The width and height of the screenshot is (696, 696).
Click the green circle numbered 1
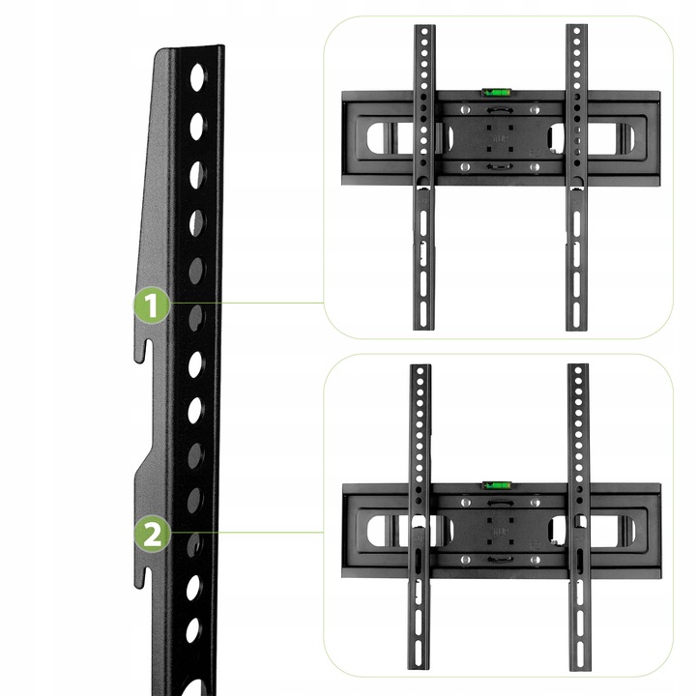coord(152,304)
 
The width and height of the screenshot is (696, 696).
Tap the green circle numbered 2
coord(153,534)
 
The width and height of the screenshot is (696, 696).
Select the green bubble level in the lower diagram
coord(497,484)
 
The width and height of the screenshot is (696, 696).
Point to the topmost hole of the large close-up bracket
coord(197,77)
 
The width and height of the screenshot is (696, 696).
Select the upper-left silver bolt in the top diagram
coord(465,109)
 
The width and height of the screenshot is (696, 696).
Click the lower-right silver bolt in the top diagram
coord(535,167)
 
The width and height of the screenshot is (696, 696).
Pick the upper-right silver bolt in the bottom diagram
coord(536,503)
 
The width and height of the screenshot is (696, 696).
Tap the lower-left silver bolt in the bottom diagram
coord(465,560)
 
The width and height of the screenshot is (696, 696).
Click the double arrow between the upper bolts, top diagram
coord(500,109)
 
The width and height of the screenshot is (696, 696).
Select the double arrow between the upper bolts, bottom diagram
coord(500,503)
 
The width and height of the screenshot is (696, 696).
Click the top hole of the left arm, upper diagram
coord(424,32)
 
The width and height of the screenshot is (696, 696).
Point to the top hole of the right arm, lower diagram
coord(577,370)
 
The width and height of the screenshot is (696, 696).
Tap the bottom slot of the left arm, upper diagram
coord(423,314)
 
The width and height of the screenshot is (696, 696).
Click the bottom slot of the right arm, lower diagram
coord(580,652)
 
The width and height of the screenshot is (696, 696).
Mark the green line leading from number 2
coord(246,532)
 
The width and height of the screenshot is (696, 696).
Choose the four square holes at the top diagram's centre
coord(500,138)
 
